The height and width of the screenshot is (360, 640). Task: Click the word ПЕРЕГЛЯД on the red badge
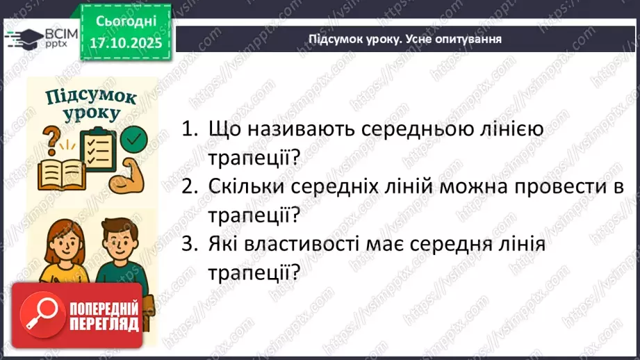tap(103, 326)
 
